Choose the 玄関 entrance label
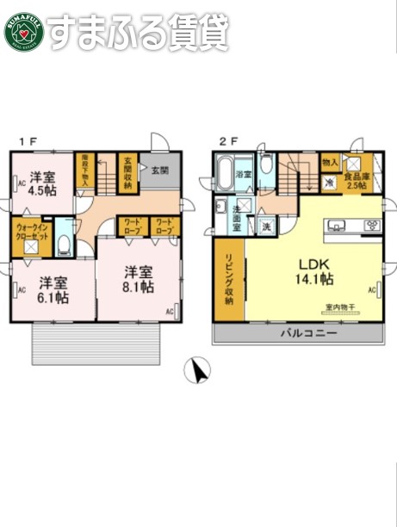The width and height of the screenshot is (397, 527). (x=160, y=170)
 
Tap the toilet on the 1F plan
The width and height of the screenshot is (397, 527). (x=64, y=243)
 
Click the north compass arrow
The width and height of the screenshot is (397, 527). (x=199, y=370)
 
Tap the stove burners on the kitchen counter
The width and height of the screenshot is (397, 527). (x=372, y=227)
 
